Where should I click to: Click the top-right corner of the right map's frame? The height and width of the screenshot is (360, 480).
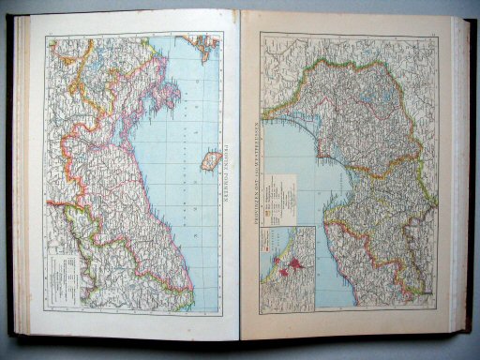pyautogui.click(x=438, y=34)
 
